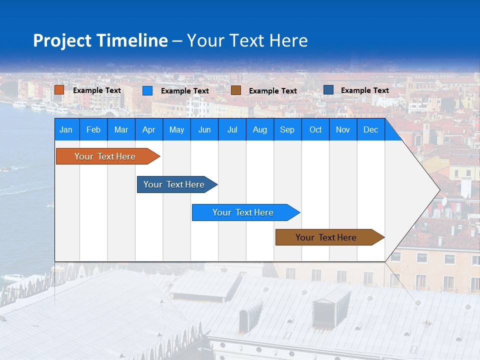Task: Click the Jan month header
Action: tap(66, 129)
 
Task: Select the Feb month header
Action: tap(93, 129)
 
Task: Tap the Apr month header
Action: tap(148, 129)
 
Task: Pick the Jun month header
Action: tap(204, 129)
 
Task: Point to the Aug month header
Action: tap(259, 129)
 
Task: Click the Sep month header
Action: tap(287, 129)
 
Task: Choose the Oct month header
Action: tap(315, 129)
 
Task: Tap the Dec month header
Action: tap(370, 129)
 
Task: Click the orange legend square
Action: tap(59, 90)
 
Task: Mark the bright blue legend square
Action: tap(147, 90)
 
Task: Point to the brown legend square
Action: tap(236, 90)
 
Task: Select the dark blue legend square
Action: tap(328, 90)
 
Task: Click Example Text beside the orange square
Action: tap(97, 90)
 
